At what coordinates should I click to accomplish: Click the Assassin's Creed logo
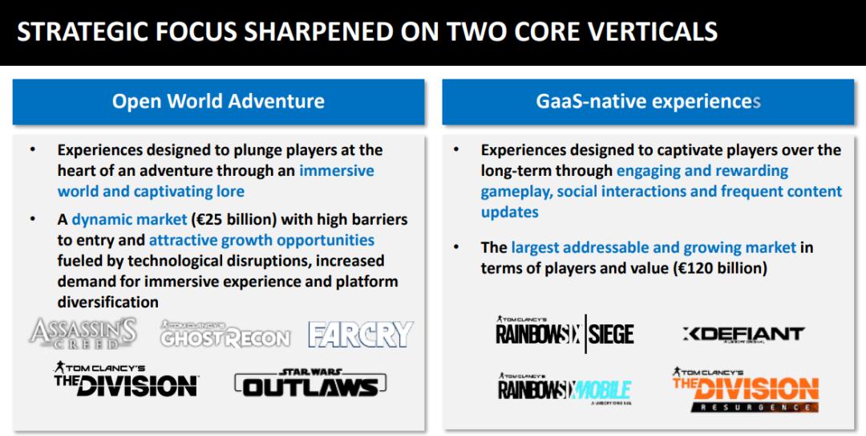83,334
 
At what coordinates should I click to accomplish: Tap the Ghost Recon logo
225,334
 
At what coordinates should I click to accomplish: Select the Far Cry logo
361,334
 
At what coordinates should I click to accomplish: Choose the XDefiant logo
743,334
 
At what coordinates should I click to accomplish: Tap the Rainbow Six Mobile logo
565,389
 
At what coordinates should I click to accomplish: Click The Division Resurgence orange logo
746,389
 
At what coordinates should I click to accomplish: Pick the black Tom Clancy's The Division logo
126,379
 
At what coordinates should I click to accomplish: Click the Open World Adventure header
218,101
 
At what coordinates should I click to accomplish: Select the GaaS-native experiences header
648,101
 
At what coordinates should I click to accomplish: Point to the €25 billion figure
233,220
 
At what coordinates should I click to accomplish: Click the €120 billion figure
720,268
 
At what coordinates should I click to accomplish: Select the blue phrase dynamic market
129,220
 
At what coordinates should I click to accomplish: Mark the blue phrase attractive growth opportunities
261,240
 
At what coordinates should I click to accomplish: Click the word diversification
107,302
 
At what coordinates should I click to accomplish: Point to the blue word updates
510,213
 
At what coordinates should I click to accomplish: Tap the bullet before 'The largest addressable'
456,247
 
